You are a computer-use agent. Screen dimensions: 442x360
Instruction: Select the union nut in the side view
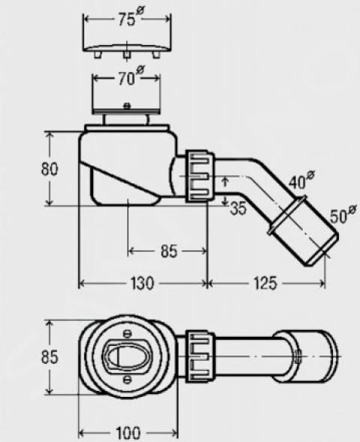click(197, 176)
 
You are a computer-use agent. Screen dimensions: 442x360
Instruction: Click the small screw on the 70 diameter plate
click(126, 105)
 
